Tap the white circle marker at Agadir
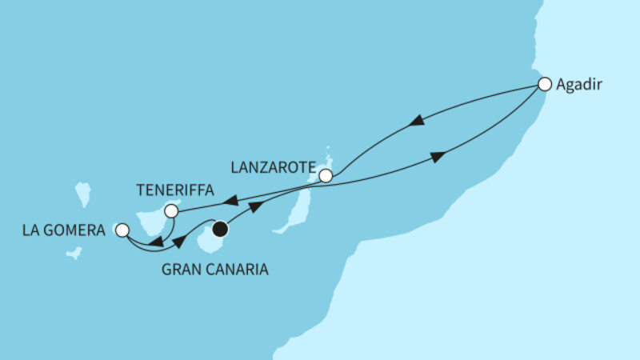tap(545, 83)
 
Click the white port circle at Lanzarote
tap(326, 175)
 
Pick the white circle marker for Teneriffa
tap(170, 212)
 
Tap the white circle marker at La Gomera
tap(122, 230)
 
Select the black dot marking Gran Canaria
tap(220, 230)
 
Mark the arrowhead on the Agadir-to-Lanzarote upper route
tap(416, 122)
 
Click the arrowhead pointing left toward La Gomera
tap(158, 243)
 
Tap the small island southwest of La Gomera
tap(73, 253)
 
